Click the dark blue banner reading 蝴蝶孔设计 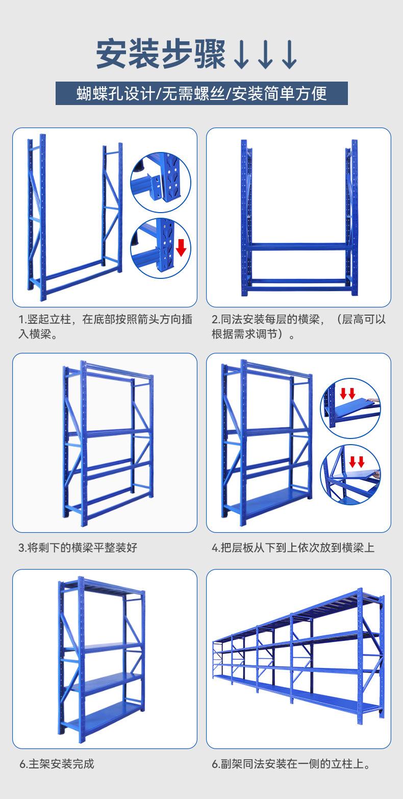[x=202, y=93]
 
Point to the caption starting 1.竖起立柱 [x=105, y=327]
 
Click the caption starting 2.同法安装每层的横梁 [x=298, y=327]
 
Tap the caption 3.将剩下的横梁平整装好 [x=78, y=548]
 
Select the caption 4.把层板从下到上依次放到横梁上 [x=293, y=548]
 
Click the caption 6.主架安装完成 [x=57, y=764]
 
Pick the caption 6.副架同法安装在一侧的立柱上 [x=291, y=764]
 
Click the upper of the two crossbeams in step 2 [x=298, y=246]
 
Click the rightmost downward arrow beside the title [x=289, y=55]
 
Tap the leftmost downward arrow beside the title [x=241, y=55]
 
